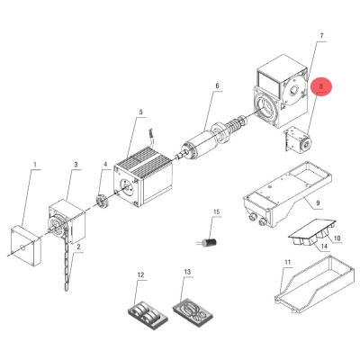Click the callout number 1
pos(35,165)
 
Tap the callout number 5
pos(141,112)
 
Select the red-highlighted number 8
pos(321,86)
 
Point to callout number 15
pos(216,211)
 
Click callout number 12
pos(140,274)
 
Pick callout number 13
pos(187,272)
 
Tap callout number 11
pos(288,262)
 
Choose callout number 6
pos(217,86)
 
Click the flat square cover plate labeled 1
pos(26,247)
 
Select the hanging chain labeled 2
pos(67,264)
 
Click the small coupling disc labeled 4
pos(102,201)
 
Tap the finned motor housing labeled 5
pos(143,178)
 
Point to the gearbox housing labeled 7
pos(281,92)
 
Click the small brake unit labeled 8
pos(297,139)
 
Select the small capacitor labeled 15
pos(208,242)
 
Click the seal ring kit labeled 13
pos(193,313)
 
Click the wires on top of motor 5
pos(151,138)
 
